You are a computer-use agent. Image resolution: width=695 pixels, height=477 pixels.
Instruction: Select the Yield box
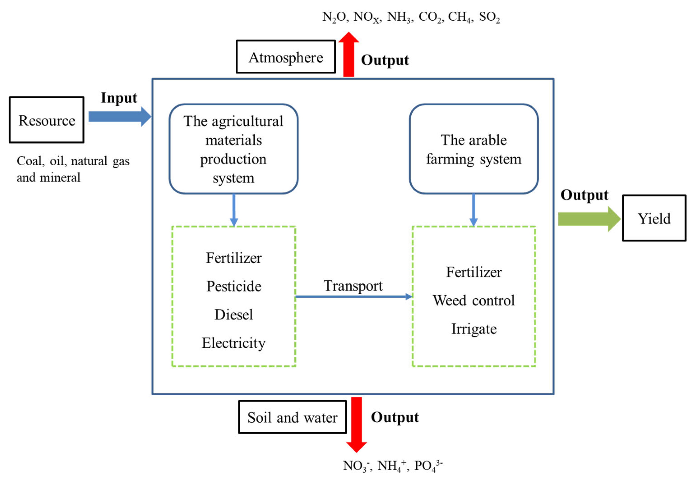(654, 218)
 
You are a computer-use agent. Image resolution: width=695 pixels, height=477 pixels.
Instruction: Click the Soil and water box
(292, 417)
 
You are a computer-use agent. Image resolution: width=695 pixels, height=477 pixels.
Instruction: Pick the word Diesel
(234, 314)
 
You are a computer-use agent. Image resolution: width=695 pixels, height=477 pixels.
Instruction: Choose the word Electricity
(234, 343)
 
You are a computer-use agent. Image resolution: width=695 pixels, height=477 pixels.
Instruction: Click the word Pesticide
(234, 286)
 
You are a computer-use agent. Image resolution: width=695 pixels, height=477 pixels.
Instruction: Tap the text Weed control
(474, 300)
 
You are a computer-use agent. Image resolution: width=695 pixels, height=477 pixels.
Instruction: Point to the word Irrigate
(474, 329)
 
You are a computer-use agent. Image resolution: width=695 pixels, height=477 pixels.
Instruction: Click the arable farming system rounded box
(474, 149)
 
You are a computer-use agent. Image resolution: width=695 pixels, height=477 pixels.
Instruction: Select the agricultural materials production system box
(233, 149)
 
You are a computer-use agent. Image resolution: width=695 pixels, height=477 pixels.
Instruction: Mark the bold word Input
(119, 98)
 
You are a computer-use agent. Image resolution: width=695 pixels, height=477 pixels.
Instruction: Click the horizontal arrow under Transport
(353, 297)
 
